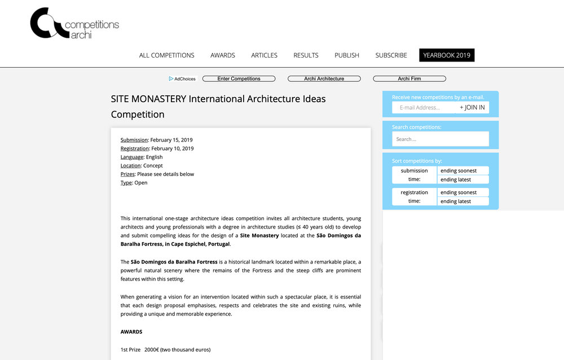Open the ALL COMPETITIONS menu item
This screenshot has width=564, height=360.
(x=166, y=55)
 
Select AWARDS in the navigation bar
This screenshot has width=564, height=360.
(x=223, y=55)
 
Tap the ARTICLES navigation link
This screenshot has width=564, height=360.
(x=264, y=55)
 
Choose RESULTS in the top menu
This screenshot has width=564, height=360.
(x=306, y=55)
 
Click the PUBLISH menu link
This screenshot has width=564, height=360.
(x=347, y=55)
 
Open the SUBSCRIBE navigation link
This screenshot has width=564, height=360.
(x=391, y=55)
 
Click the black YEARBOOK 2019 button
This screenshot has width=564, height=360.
(x=447, y=55)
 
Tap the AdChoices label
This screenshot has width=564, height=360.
(x=182, y=79)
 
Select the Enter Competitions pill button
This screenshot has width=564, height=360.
(x=239, y=79)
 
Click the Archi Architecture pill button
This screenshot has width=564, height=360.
(x=324, y=79)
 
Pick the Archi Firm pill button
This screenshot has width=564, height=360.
(x=409, y=79)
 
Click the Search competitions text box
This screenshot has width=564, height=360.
(x=440, y=139)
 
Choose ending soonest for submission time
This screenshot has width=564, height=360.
(x=463, y=171)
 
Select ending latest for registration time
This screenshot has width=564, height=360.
(x=463, y=201)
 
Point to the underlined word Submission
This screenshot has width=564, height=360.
(x=134, y=140)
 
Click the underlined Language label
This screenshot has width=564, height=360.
(x=132, y=157)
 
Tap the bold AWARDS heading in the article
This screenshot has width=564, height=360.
(x=131, y=332)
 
